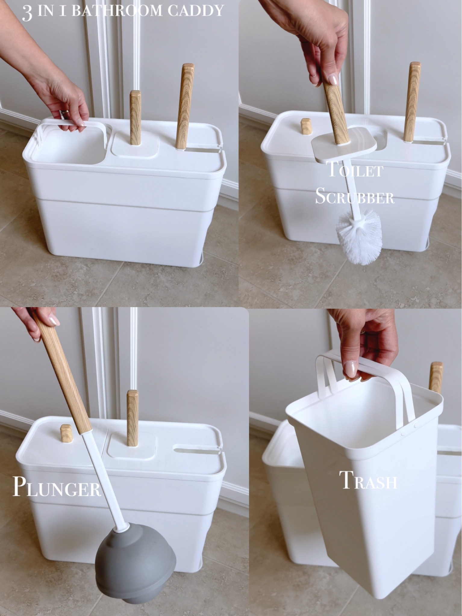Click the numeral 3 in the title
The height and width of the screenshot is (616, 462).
(27, 14)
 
